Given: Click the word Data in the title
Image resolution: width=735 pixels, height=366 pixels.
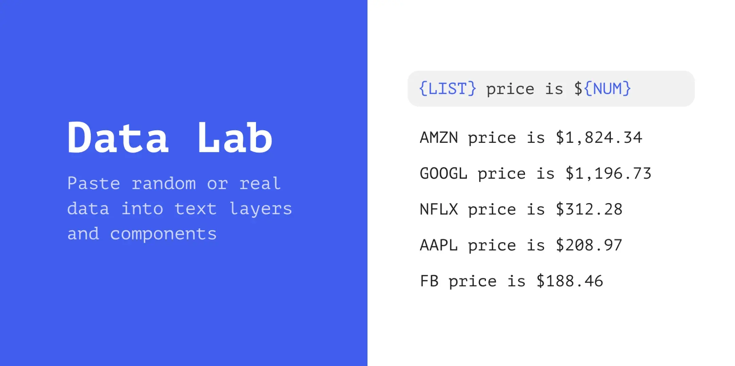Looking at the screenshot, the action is click(x=118, y=137).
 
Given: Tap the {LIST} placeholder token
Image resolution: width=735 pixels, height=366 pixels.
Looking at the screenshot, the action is click(x=447, y=89).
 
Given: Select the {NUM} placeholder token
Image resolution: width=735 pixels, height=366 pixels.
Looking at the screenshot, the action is click(x=608, y=89).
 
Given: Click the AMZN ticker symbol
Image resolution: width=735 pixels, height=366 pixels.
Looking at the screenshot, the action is click(x=439, y=138).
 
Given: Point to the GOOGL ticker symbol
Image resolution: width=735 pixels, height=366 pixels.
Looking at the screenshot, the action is click(x=444, y=173).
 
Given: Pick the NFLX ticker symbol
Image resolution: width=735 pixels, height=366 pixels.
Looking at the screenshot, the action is click(x=439, y=209).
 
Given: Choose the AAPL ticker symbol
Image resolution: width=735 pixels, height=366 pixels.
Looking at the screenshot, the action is click(x=439, y=245).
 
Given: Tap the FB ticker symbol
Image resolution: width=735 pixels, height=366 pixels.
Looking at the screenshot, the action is click(x=429, y=281).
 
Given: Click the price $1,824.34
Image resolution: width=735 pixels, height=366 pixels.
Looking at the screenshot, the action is click(x=599, y=138).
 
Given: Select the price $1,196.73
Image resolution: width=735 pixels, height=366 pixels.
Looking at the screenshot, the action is click(x=608, y=173).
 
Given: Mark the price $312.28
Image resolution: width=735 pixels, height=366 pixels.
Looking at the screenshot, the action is click(x=589, y=209).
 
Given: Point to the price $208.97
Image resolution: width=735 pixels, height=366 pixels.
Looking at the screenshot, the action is click(x=589, y=245).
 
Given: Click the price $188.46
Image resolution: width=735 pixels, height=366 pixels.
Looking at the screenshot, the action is click(x=570, y=281).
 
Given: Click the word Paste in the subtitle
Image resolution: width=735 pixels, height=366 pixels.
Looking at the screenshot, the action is click(x=94, y=183).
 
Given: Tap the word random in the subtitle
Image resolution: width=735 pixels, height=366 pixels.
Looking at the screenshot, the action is click(x=164, y=183).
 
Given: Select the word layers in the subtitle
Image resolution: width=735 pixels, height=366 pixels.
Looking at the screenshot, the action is click(x=261, y=209).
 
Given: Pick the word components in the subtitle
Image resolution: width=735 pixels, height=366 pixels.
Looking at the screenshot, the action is click(x=163, y=234).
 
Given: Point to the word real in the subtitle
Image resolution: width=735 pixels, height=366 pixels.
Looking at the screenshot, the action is click(x=260, y=183).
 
